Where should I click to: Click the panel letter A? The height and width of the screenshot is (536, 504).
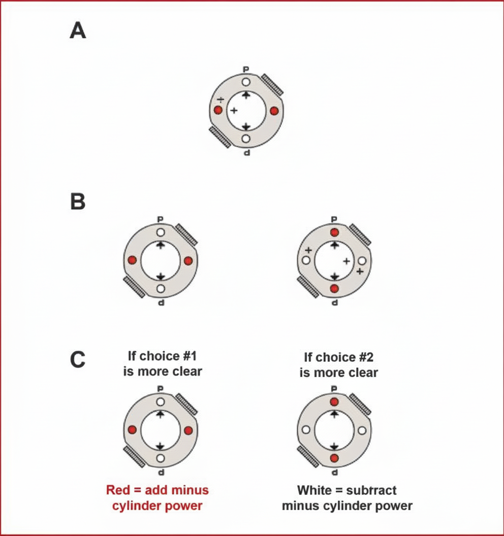tap(78, 31)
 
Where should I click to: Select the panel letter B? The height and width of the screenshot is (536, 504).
tap(78, 202)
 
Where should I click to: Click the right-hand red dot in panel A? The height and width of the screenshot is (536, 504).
tap(274, 111)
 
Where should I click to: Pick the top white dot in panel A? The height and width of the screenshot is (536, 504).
tap(246, 82)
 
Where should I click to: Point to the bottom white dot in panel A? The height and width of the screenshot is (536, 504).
tap(246, 138)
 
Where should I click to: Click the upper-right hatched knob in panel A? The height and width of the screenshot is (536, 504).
tap(272, 84)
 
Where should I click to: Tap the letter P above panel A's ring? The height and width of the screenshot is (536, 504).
tap(246, 70)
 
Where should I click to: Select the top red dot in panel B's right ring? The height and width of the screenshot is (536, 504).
tap(334, 232)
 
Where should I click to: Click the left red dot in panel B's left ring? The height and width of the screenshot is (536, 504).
tap(133, 260)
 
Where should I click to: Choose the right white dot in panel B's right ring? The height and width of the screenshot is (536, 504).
tap(362, 260)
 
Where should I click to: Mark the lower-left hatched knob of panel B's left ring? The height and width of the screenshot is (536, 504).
tap(134, 286)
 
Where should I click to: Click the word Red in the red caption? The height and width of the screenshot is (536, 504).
tap(117, 491)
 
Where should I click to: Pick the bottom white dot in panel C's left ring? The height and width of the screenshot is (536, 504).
tap(161, 458)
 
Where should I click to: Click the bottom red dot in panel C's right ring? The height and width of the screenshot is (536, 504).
tap(334, 458)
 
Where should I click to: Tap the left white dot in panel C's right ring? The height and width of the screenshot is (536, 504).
tap(306, 430)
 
